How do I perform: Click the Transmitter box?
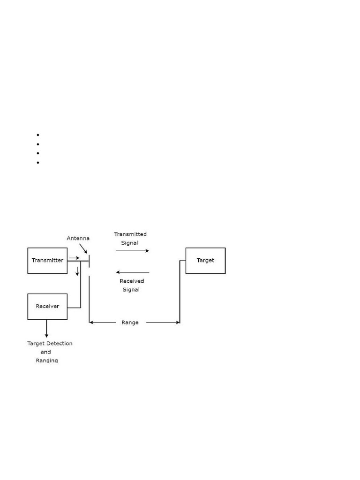point(47,260)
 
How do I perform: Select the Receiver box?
point(47,306)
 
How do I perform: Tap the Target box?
point(205,260)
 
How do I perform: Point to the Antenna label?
point(78,238)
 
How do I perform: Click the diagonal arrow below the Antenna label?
point(83,249)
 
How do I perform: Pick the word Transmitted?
point(130,234)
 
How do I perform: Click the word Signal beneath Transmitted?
point(130,242)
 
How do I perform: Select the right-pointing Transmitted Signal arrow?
point(132,251)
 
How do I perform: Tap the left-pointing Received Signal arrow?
point(132,272)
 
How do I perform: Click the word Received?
point(132,281)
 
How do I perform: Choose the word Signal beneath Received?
point(132,290)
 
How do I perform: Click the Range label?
point(130,322)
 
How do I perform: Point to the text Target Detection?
point(50,344)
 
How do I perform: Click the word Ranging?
point(47,360)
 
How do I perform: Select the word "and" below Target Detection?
point(45,352)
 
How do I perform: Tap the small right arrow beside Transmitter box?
point(74,258)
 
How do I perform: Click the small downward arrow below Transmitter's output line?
point(78,271)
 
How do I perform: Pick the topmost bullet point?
point(37,135)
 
